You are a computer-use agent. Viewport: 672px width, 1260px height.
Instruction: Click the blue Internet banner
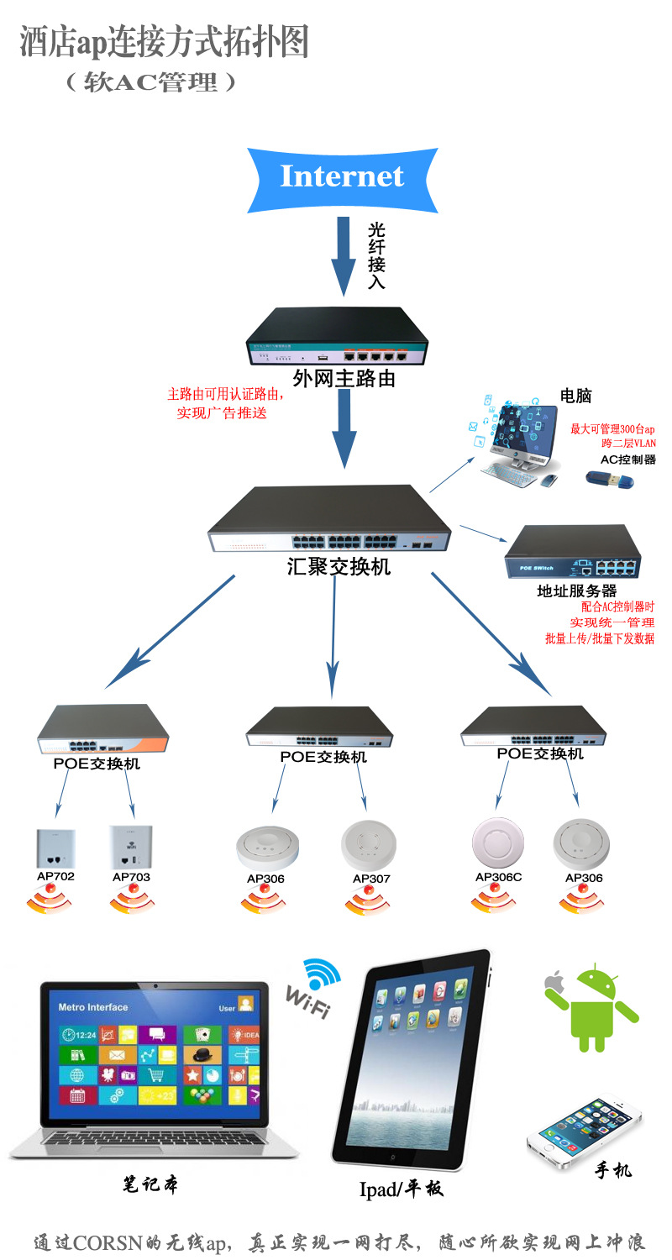coord(342,177)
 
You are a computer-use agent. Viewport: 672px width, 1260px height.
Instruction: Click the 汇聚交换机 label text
coord(339,566)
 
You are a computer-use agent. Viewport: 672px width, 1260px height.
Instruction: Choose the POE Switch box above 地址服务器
coord(572,554)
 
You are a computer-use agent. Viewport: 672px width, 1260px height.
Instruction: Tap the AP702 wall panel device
coord(56,848)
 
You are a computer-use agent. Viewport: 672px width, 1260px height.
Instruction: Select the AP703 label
coord(131,877)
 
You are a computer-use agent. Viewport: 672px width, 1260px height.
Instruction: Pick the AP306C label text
coord(498,877)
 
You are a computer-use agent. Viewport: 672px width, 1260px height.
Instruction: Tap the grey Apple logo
coord(553,980)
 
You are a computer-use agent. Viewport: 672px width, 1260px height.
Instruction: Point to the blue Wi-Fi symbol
coord(323,974)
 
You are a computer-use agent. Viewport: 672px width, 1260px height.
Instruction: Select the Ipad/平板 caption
coord(401,1189)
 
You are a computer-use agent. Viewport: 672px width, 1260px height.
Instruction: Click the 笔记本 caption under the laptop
coord(150,1184)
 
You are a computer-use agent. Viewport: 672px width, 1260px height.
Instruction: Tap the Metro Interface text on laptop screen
coord(93,1007)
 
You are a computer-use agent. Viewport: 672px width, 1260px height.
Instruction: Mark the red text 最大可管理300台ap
coord(612,428)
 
